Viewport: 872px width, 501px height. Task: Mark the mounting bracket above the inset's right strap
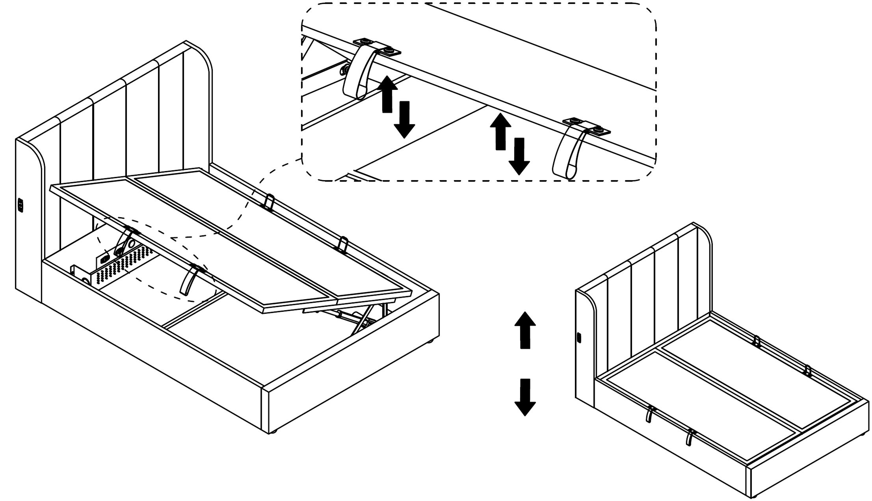coord(587,126)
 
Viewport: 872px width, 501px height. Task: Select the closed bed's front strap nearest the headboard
coord(649,413)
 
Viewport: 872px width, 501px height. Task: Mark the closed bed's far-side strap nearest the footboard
coord(808,370)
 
